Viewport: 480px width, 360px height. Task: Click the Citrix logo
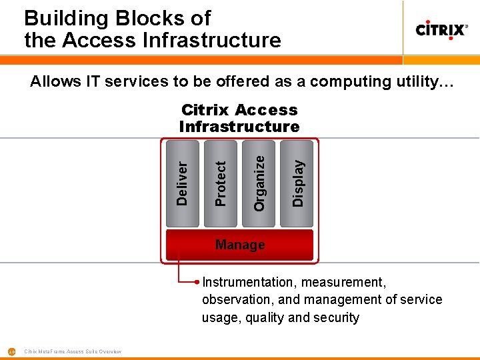pos(441,29)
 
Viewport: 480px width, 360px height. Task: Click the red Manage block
pos(240,245)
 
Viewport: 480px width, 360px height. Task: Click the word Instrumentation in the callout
pos(247,283)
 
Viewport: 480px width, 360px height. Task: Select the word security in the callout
pos(337,317)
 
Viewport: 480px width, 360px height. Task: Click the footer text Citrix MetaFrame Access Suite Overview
pos(73,351)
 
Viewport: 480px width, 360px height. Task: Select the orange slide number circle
pos(11,351)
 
